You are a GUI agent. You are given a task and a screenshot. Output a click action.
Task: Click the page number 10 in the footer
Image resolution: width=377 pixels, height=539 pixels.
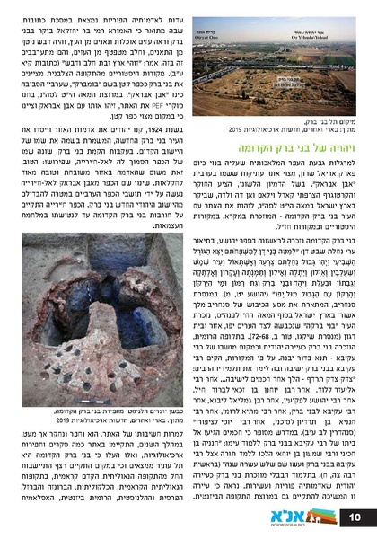(353, 516)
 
